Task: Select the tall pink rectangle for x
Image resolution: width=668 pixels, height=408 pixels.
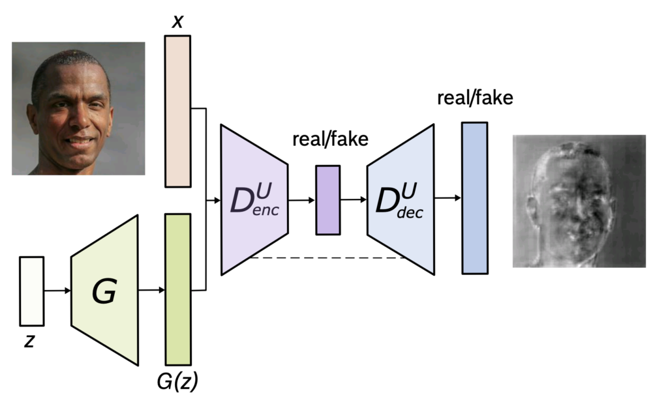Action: (x=177, y=111)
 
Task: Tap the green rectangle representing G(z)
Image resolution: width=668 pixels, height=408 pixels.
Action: (x=178, y=289)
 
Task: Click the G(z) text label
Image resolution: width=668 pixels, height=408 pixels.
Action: (x=177, y=383)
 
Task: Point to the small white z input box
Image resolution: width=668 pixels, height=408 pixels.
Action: (x=32, y=291)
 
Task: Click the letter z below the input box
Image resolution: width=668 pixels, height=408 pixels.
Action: (x=29, y=341)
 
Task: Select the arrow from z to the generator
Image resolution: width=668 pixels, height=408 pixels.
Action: (x=57, y=291)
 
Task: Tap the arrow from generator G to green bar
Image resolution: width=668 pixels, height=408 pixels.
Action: (x=152, y=291)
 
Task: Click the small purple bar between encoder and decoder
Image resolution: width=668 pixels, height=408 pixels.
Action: (x=327, y=200)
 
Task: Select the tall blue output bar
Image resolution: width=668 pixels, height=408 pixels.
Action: (x=474, y=197)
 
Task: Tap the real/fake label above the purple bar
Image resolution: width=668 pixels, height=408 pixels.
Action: (x=330, y=139)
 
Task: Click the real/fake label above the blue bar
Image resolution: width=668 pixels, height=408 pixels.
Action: (x=475, y=98)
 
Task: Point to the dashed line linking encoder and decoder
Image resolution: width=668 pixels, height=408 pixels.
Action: (x=326, y=258)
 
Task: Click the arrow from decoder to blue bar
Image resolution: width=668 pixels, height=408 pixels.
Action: (x=448, y=197)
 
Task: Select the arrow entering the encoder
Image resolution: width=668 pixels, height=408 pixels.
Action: (x=213, y=200)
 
